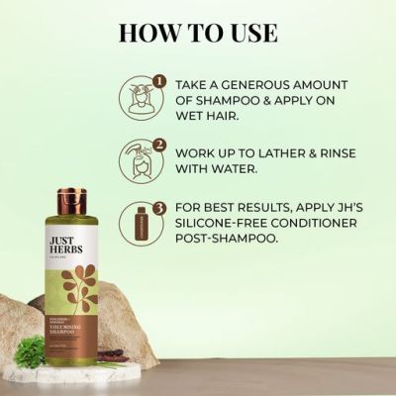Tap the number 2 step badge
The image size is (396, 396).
(154, 145)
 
